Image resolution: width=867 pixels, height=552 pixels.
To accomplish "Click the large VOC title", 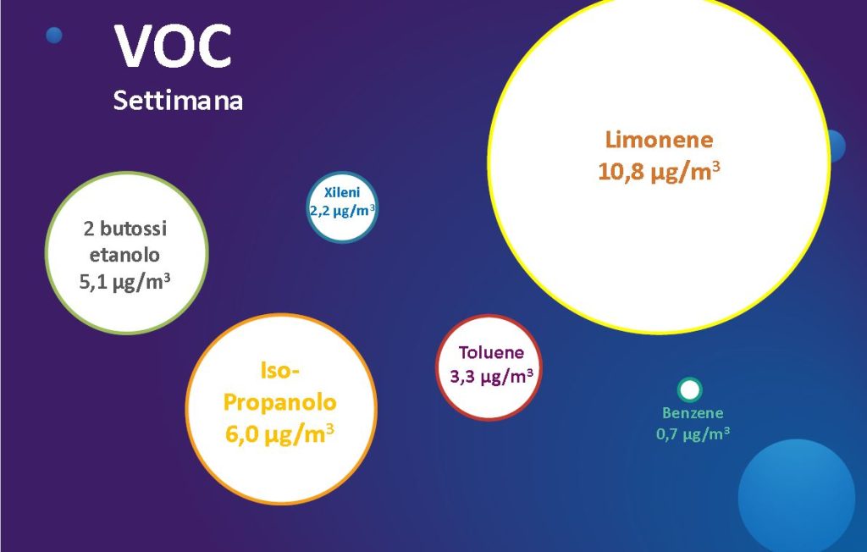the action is pos(173,47).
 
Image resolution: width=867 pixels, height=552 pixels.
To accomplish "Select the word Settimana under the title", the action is pos(178,101).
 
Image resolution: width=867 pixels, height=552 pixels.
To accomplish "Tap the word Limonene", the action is pos(659,140).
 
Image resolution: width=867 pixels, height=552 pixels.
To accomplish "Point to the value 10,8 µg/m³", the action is pos(659,171).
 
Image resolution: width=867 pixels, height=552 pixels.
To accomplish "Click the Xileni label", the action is pos(342,192).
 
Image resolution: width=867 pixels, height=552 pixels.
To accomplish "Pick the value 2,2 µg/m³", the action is pos(342,210).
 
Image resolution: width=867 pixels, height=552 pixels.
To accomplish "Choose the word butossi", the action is pos(133,229).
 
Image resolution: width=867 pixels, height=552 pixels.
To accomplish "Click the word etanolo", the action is pos(124,255).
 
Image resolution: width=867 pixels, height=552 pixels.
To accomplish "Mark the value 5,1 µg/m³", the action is pos(124,282).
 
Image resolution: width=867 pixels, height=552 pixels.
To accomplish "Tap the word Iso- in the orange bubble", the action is pos(279,370).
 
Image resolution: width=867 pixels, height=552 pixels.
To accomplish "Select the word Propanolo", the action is pos(279,402).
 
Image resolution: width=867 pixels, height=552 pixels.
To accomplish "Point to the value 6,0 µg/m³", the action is pos(279,433).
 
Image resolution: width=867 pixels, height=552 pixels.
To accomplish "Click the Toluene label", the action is pos(491,352).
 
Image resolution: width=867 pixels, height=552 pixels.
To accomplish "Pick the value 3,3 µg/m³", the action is pos(491,377).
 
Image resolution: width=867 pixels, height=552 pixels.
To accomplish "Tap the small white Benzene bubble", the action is pos(689,390).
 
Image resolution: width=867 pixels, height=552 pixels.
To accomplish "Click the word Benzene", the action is pos(693,413).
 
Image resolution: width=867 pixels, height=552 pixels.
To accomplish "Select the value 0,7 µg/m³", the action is pos(693,434).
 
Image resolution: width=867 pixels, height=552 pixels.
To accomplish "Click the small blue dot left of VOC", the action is pos(54,36).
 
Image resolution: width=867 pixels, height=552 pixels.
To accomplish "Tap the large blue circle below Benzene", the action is pos(797,495).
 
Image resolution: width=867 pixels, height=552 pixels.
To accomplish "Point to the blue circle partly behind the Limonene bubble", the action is pos(838,146).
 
